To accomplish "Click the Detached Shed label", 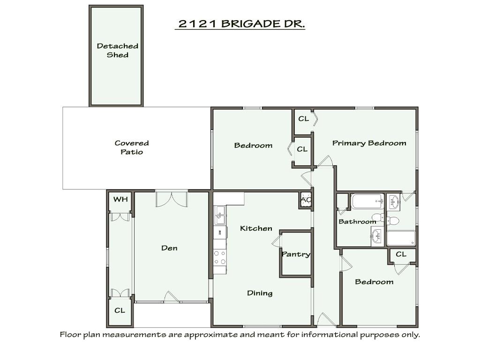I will tap(117, 50).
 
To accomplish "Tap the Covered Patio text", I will tap(132, 148).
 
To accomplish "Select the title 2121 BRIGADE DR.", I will tap(240, 24).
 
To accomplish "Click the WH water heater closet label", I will tap(120, 200).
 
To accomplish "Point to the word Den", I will tap(169, 248).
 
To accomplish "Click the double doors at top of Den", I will tap(172, 199).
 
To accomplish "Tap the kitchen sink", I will tap(220, 216).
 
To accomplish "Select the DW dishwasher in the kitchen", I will tap(219, 232).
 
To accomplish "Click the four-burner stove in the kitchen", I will tap(220, 257).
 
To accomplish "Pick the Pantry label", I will tap(296, 255).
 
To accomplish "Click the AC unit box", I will tap(306, 200).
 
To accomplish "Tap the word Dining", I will tap(260, 293).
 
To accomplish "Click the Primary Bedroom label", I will tap(369, 143).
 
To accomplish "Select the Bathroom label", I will tap(357, 221).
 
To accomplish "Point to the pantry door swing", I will tap(276, 241).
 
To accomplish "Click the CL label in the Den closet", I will tap(120, 310).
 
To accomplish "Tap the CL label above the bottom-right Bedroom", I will tap(401, 255).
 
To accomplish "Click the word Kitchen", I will tap(256, 228).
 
